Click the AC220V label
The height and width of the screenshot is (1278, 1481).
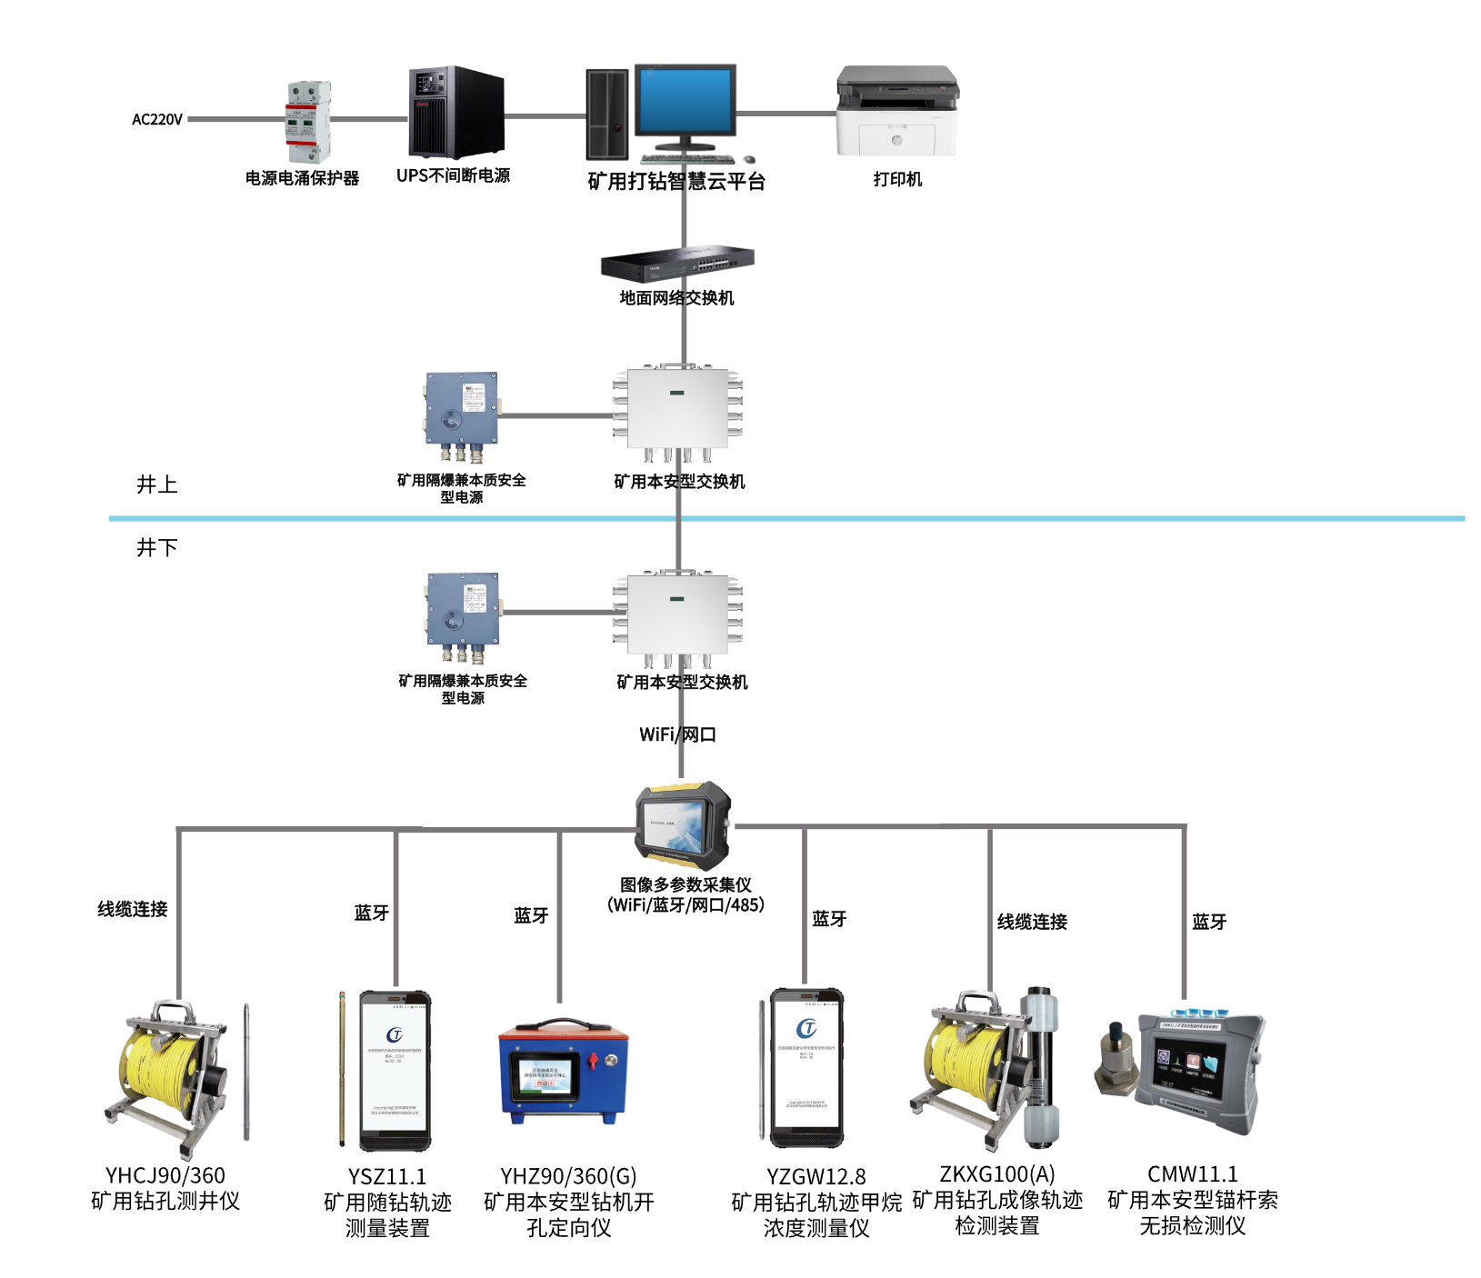[x=156, y=119]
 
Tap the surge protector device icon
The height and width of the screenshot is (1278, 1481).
[x=308, y=121]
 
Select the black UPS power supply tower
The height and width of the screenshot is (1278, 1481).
[x=456, y=113]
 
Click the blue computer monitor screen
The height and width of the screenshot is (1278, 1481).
[x=685, y=101]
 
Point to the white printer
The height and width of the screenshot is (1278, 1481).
[x=896, y=111]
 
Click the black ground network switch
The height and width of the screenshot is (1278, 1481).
[x=677, y=263]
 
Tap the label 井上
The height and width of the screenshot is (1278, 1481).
[x=156, y=484]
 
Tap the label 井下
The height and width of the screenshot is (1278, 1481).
[x=156, y=547]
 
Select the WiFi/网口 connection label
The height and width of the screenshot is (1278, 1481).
[x=677, y=734]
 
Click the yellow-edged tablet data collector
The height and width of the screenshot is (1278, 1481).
[x=683, y=822]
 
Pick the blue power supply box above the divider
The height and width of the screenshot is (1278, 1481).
[x=462, y=417]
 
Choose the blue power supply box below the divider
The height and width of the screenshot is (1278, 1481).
[x=463, y=617]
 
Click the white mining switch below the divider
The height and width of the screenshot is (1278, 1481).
[x=678, y=615]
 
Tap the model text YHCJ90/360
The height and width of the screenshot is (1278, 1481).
[x=165, y=1175]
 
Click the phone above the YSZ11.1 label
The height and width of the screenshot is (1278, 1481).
[x=395, y=1071]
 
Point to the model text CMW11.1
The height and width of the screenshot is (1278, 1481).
[x=1192, y=1173]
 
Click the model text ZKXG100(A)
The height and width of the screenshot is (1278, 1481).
[x=996, y=1173]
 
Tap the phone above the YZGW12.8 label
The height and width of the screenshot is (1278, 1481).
[x=807, y=1068]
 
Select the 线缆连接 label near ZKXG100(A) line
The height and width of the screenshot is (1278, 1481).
[x=1032, y=922]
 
